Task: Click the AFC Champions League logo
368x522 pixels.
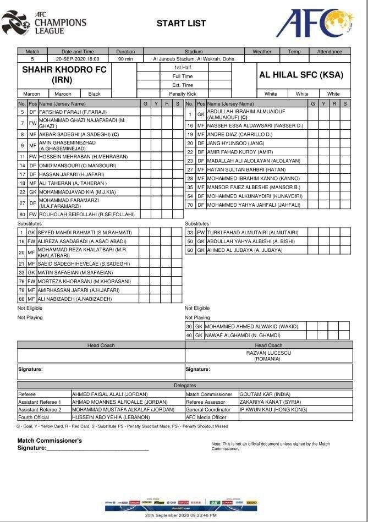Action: click(x=44, y=23)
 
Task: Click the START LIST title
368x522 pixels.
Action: click(x=181, y=23)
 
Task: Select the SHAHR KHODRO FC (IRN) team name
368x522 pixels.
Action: click(x=64, y=74)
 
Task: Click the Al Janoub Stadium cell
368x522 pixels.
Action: click(x=189, y=59)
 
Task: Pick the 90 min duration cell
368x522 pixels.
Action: click(x=125, y=59)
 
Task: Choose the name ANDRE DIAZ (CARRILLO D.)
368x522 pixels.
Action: click(x=239, y=134)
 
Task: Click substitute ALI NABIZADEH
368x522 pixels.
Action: click(x=74, y=299)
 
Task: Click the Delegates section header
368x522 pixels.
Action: click(x=185, y=386)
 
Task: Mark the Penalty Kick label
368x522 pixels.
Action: click(x=183, y=94)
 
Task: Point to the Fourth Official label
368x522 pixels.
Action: click(x=35, y=417)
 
